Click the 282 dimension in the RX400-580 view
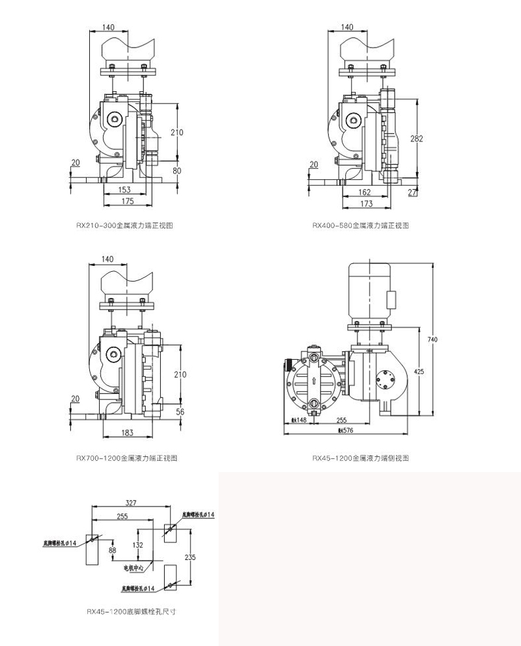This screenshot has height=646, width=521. pos(417,138)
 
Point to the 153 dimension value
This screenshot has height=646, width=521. pos(124,190)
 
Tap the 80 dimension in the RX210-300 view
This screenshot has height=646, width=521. pos(176,171)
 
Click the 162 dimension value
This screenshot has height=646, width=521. pos(365,192)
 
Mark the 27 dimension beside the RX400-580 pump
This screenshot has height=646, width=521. pos(412,192)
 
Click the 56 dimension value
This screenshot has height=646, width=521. pos(180,411)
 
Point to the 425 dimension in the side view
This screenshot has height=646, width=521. pos(419,371)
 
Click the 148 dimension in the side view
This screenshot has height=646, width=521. pos(299,420)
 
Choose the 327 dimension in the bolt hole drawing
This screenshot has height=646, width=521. pos(131,503)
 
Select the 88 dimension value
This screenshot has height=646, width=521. pos(112,551)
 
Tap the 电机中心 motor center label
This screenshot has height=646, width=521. pos(136,568)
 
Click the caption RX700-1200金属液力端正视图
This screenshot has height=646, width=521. pos(128,458)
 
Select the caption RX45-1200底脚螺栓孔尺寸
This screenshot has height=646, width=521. pos(132,612)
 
